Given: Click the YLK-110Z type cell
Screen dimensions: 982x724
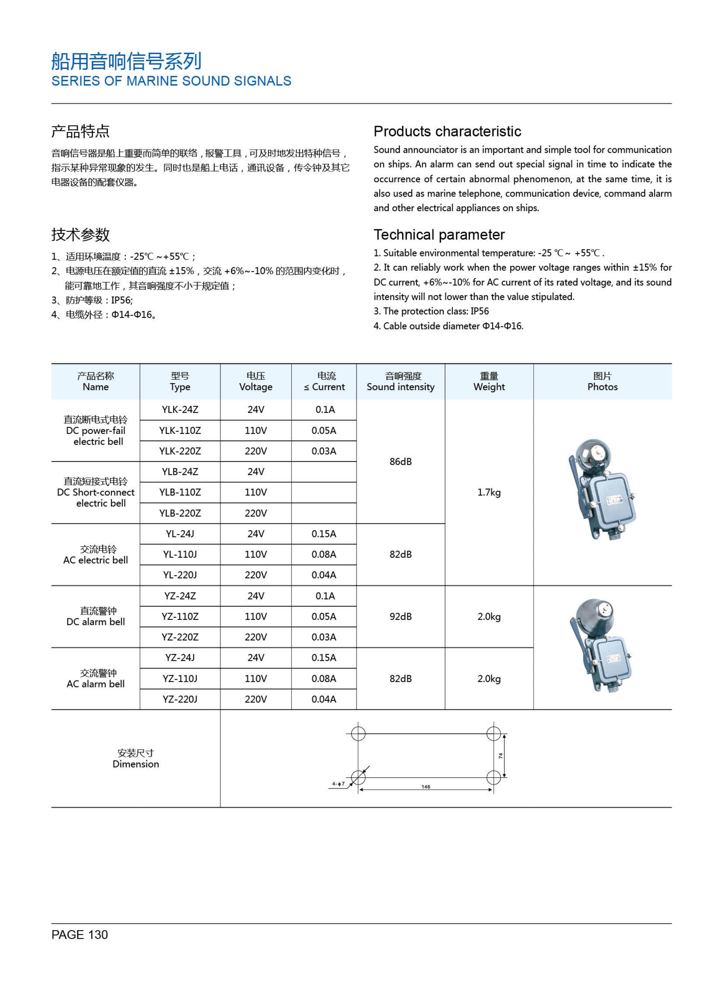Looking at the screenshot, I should click(x=180, y=430).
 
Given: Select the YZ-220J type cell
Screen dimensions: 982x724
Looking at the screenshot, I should click(x=180, y=699).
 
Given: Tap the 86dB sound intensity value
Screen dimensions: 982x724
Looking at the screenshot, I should click(x=401, y=462).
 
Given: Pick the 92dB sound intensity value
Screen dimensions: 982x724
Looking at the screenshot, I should click(x=401, y=616).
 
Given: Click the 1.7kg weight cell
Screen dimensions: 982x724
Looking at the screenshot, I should click(x=489, y=492).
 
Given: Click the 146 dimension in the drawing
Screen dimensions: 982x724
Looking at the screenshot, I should click(x=425, y=787).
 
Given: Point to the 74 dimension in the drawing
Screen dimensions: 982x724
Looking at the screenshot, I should click(x=500, y=756).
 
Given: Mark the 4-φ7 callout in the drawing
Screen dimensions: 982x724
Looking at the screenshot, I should click(x=338, y=784).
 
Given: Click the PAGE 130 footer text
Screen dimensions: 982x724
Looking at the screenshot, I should click(x=79, y=935).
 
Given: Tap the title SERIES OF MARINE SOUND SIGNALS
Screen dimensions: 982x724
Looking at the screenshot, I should click(x=171, y=81).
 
